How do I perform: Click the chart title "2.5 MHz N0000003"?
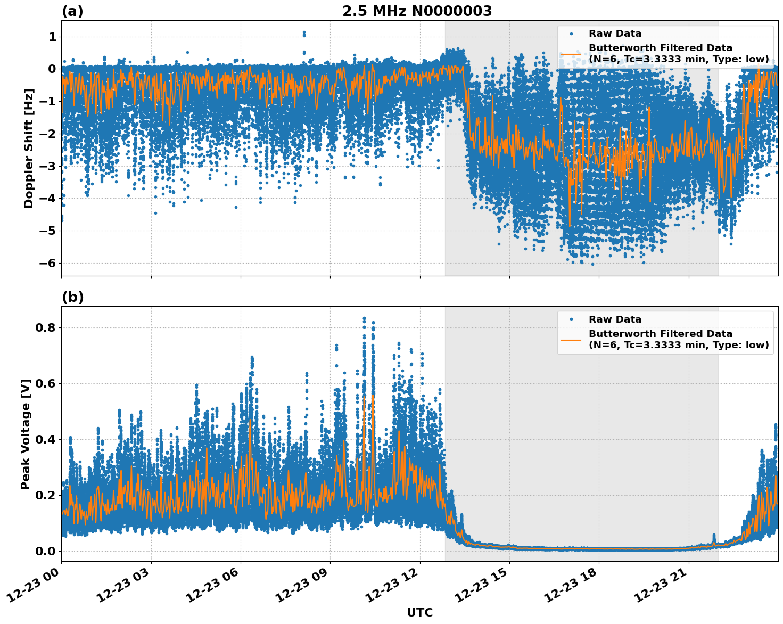pyautogui.click(x=417, y=11)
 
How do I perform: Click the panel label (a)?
pyautogui.click(x=72, y=11)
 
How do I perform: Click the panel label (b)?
pyautogui.click(x=72, y=297)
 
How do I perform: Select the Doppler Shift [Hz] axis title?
pyautogui.click(x=29, y=148)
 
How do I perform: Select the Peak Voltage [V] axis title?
pyautogui.click(x=26, y=434)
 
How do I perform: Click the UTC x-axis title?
pyautogui.click(x=419, y=612)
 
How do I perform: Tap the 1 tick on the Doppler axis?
pyautogui.click(x=52, y=37)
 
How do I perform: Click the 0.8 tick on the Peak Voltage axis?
pyautogui.click(x=46, y=327)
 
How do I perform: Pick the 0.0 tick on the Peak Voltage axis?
pyautogui.click(x=46, y=551)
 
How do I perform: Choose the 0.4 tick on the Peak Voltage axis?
pyautogui.click(x=46, y=439)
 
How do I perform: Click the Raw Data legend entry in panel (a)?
pyautogui.click(x=615, y=34)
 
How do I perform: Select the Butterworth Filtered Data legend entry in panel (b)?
pyautogui.click(x=678, y=339)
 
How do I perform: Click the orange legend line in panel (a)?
pyautogui.click(x=571, y=53)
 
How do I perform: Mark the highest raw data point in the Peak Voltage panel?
pyautogui.click(x=364, y=318)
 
